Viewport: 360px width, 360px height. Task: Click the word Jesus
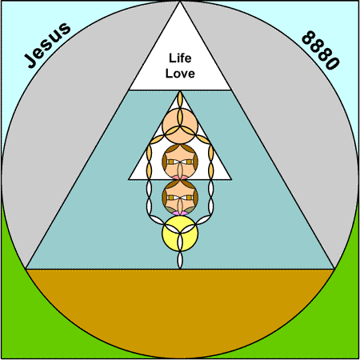(47, 46)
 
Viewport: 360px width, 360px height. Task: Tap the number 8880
(321, 50)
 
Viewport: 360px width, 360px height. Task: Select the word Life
(180, 58)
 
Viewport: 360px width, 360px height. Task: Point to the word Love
(180, 74)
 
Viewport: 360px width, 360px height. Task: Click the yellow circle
(180, 234)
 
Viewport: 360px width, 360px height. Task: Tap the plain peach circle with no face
(180, 126)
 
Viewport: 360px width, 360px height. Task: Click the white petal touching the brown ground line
(180, 260)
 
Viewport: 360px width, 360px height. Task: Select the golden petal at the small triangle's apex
(180, 99)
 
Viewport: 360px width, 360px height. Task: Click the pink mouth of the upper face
(180, 178)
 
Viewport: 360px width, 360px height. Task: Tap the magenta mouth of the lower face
(180, 213)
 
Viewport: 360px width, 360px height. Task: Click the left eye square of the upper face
(170, 162)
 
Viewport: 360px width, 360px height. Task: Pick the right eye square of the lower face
(189, 198)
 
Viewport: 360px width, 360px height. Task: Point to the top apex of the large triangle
(180, 2)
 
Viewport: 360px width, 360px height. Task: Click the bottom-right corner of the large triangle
(334, 269)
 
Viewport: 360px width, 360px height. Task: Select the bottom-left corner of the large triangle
(26, 269)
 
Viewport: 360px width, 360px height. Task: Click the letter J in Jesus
(31, 61)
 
